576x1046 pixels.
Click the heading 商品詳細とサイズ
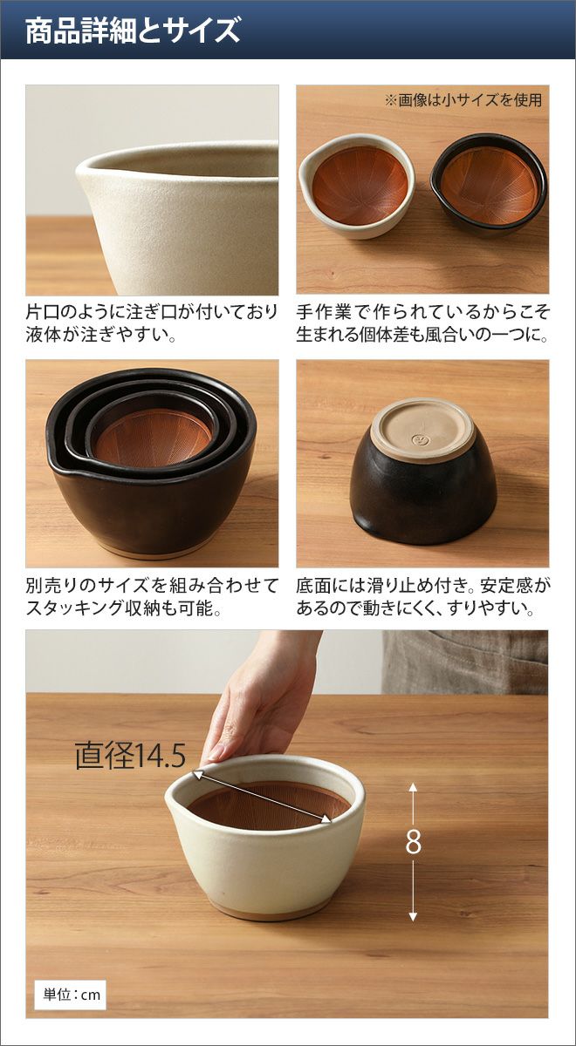click(133, 31)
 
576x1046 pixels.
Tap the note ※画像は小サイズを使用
click(463, 100)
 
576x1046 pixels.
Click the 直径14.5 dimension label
click(130, 756)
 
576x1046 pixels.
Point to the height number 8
click(413, 842)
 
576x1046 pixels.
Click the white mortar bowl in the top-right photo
click(357, 186)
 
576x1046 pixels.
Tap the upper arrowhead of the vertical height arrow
click(413, 785)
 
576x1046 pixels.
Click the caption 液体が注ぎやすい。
click(101, 335)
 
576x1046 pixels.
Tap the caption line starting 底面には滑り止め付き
click(422, 585)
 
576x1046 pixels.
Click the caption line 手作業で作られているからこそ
click(422, 312)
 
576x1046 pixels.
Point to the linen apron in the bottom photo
click(464, 662)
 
